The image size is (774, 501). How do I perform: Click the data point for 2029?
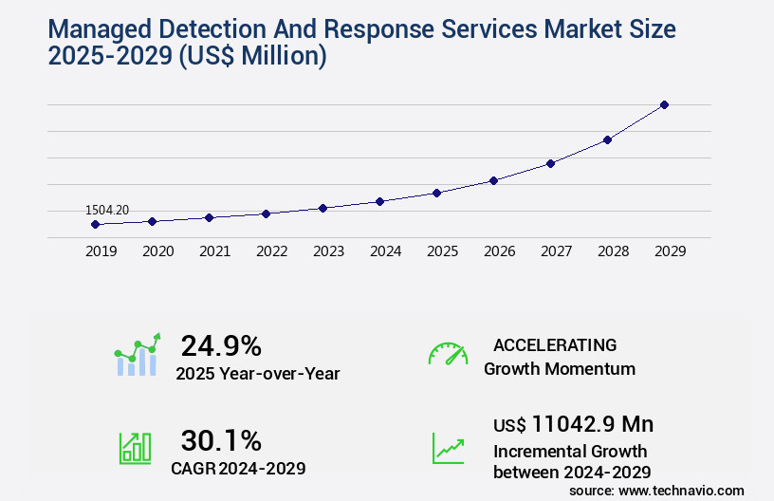click(x=664, y=104)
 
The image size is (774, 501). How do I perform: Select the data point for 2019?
click(x=95, y=224)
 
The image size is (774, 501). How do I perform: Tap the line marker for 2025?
click(x=436, y=193)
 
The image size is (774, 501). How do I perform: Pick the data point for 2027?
click(x=550, y=163)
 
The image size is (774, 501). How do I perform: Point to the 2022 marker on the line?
click(x=266, y=213)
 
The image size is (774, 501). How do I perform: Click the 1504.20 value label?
click(x=107, y=210)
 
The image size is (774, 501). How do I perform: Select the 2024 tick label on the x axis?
click(x=385, y=251)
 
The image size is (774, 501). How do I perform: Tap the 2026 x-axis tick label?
click(x=499, y=251)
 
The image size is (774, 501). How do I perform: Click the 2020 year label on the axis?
click(x=157, y=251)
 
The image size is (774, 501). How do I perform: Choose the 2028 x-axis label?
click(x=613, y=251)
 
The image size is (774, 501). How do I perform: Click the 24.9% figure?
click(x=221, y=345)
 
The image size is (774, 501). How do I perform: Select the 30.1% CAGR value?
click(x=221, y=440)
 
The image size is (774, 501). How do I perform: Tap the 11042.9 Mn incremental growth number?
click(x=593, y=424)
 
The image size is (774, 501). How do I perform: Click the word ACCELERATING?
click(x=555, y=344)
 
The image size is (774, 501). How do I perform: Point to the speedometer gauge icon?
click(x=448, y=354)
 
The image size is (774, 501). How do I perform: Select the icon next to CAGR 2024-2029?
click(x=135, y=448)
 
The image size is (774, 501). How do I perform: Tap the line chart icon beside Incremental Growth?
click(x=448, y=448)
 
